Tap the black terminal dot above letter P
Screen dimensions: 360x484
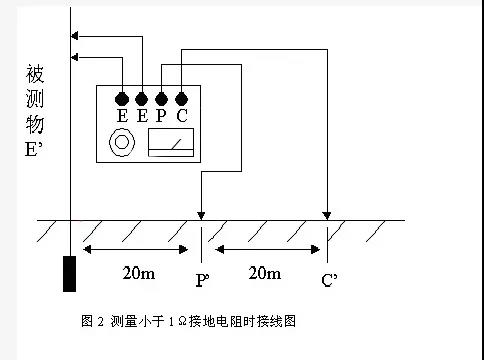click(161, 99)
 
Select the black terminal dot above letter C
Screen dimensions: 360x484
click(181, 99)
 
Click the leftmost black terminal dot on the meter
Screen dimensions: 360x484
click(122, 99)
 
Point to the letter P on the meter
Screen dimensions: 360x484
click(161, 116)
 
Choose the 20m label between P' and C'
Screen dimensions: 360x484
click(265, 272)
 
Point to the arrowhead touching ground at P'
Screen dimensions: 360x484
click(202, 215)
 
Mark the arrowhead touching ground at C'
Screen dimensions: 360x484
click(327, 215)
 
